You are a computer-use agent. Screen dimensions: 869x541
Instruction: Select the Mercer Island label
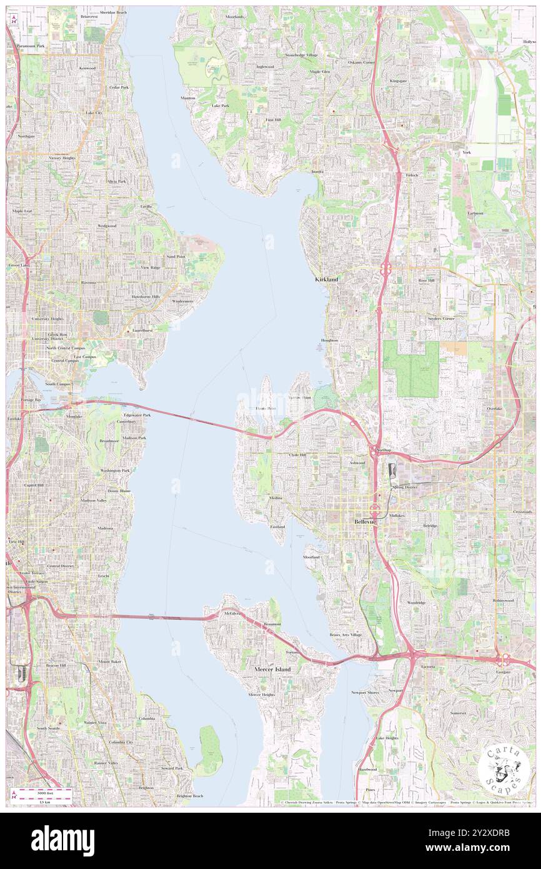273,670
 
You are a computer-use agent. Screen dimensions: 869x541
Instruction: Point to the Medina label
275,498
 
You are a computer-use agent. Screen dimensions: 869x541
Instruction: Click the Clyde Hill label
297,455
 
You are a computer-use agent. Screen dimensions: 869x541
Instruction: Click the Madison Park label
134,438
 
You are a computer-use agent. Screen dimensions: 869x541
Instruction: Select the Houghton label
329,340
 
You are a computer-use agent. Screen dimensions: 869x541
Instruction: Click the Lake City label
94,112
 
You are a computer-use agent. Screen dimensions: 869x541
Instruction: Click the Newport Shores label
365,692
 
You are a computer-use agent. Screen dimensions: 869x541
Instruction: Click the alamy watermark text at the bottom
62,840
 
